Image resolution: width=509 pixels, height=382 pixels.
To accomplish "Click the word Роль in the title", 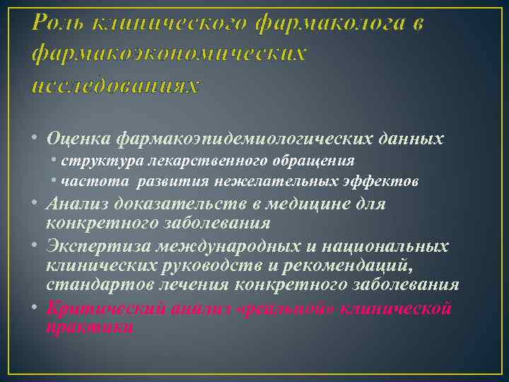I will tap(57, 23).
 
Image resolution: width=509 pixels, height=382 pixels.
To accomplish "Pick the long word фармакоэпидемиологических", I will tap(245, 139).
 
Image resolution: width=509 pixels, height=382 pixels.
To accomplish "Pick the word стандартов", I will tap(91, 284).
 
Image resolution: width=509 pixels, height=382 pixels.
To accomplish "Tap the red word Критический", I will tap(99, 308).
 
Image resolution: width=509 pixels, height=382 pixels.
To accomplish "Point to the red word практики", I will tap(89, 328).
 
